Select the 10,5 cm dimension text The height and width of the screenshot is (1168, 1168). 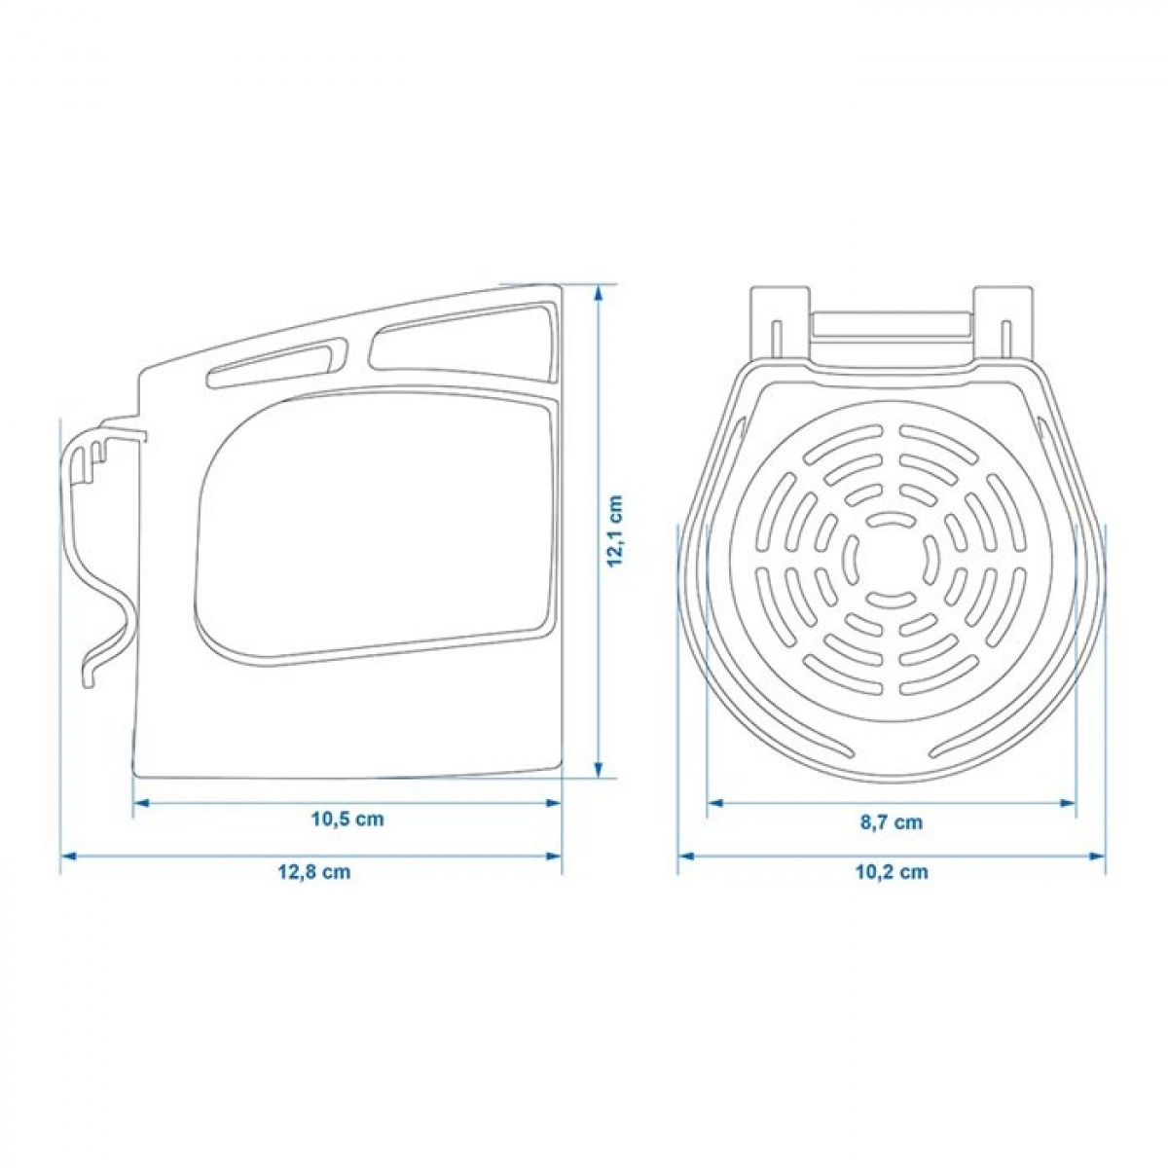[x=347, y=819]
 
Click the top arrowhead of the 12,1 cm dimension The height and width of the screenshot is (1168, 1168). [x=599, y=293]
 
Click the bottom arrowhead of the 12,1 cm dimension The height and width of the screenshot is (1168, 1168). [x=599, y=769]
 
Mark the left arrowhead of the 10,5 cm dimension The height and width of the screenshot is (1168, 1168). [x=140, y=803]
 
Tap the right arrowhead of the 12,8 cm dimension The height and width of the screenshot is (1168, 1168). [x=554, y=857]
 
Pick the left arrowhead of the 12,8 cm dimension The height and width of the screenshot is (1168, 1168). [x=68, y=857]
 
